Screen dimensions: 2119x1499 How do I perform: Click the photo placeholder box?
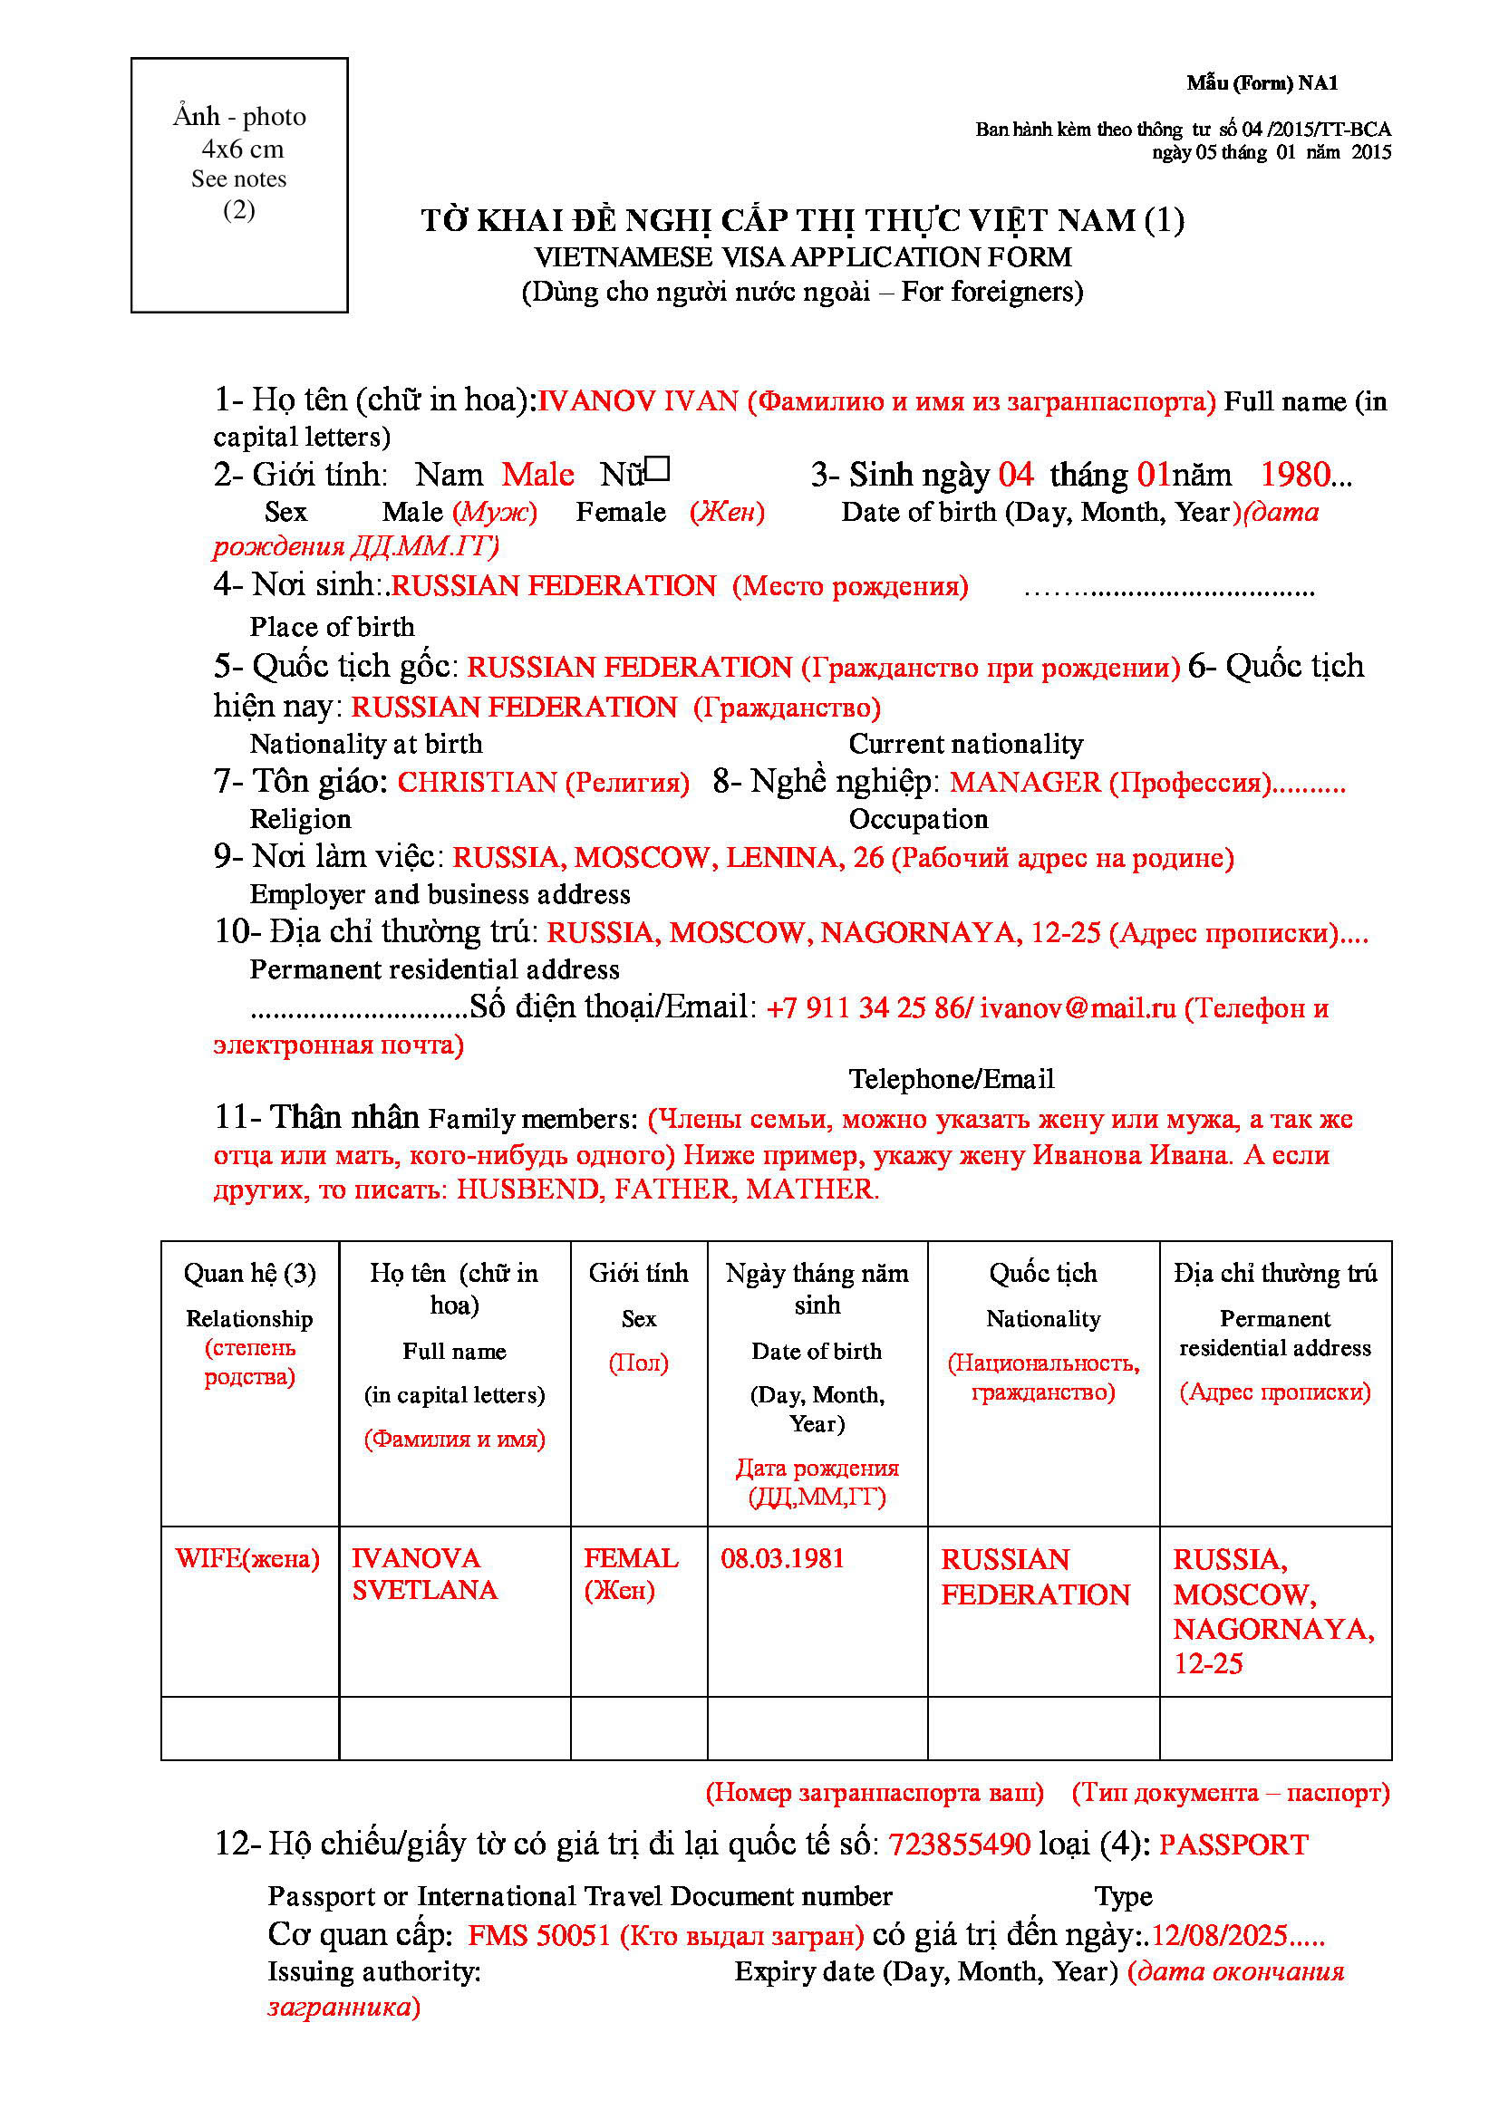(x=239, y=185)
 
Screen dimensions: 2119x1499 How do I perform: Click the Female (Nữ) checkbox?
(x=657, y=470)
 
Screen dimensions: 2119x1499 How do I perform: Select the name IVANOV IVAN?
(x=638, y=400)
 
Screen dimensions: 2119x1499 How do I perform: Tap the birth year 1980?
(x=1295, y=475)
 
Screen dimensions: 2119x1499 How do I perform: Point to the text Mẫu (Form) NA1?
(x=1262, y=83)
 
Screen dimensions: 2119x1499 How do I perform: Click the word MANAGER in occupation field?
(x=1025, y=783)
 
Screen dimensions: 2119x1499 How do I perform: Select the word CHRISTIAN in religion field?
(x=477, y=783)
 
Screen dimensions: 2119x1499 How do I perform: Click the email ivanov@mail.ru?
(x=1078, y=1007)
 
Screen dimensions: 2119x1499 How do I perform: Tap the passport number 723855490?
(x=959, y=1844)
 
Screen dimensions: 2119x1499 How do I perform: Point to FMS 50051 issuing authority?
(x=539, y=1935)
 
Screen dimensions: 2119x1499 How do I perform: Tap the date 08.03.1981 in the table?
(x=782, y=1559)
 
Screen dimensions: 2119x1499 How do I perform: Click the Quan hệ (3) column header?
(x=249, y=1274)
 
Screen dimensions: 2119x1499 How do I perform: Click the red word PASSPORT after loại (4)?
(x=1233, y=1844)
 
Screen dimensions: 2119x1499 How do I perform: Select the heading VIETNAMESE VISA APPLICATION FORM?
(x=802, y=256)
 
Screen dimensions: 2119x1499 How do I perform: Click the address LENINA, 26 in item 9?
(x=804, y=858)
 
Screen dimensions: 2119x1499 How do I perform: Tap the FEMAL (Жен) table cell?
(x=632, y=1575)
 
